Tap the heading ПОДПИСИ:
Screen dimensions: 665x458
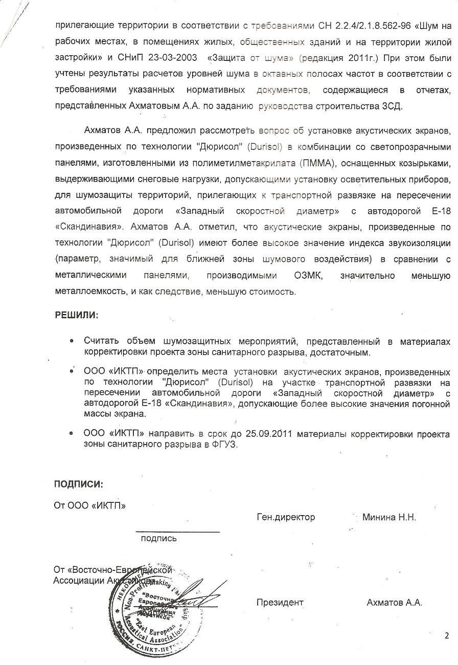(x=79, y=484)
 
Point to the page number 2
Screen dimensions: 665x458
(x=446, y=636)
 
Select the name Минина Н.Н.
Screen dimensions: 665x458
(x=389, y=517)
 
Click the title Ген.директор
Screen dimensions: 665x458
(x=286, y=517)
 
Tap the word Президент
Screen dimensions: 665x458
(x=280, y=603)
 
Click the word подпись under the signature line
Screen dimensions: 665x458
(x=159, y=538)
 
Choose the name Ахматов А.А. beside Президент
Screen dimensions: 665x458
(x=394, y=603)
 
